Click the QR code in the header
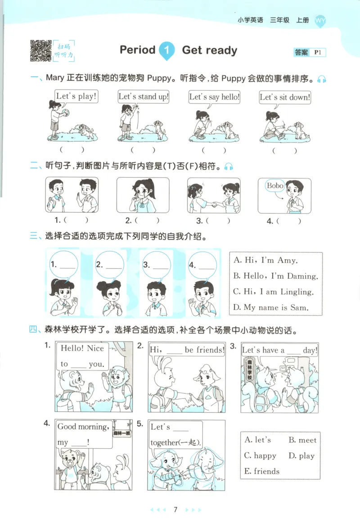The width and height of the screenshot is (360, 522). (40, 50)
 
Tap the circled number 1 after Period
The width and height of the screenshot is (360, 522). (166, 50)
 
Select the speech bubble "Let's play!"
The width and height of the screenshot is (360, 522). (76, 97)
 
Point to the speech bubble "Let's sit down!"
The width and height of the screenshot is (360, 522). (285, 97)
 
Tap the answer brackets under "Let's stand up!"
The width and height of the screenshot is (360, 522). (143, 150)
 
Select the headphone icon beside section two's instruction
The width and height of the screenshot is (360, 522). (229, 166)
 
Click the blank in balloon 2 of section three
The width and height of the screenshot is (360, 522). (114, 266)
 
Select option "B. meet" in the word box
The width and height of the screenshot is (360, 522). (302, 440)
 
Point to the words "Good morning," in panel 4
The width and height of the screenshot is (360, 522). (83, 427)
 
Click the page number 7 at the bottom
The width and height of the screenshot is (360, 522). (175, 509)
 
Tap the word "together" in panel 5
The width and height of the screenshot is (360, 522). (164, 442)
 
